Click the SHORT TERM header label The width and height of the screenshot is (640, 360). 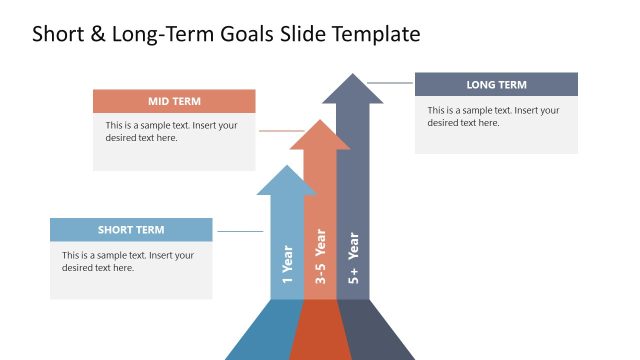131,230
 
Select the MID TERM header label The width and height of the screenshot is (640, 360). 174,101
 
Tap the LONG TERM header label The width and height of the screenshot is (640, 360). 496,85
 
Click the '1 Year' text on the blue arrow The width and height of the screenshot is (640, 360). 288,266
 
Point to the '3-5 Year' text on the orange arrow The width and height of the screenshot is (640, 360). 321,257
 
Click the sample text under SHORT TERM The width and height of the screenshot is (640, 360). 128,261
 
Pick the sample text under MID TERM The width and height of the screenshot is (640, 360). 172,132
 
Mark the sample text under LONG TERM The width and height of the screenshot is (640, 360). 493,116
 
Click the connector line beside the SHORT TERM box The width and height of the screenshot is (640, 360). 239,231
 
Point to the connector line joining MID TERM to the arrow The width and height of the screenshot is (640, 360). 280,131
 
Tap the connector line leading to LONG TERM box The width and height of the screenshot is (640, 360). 390,82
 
